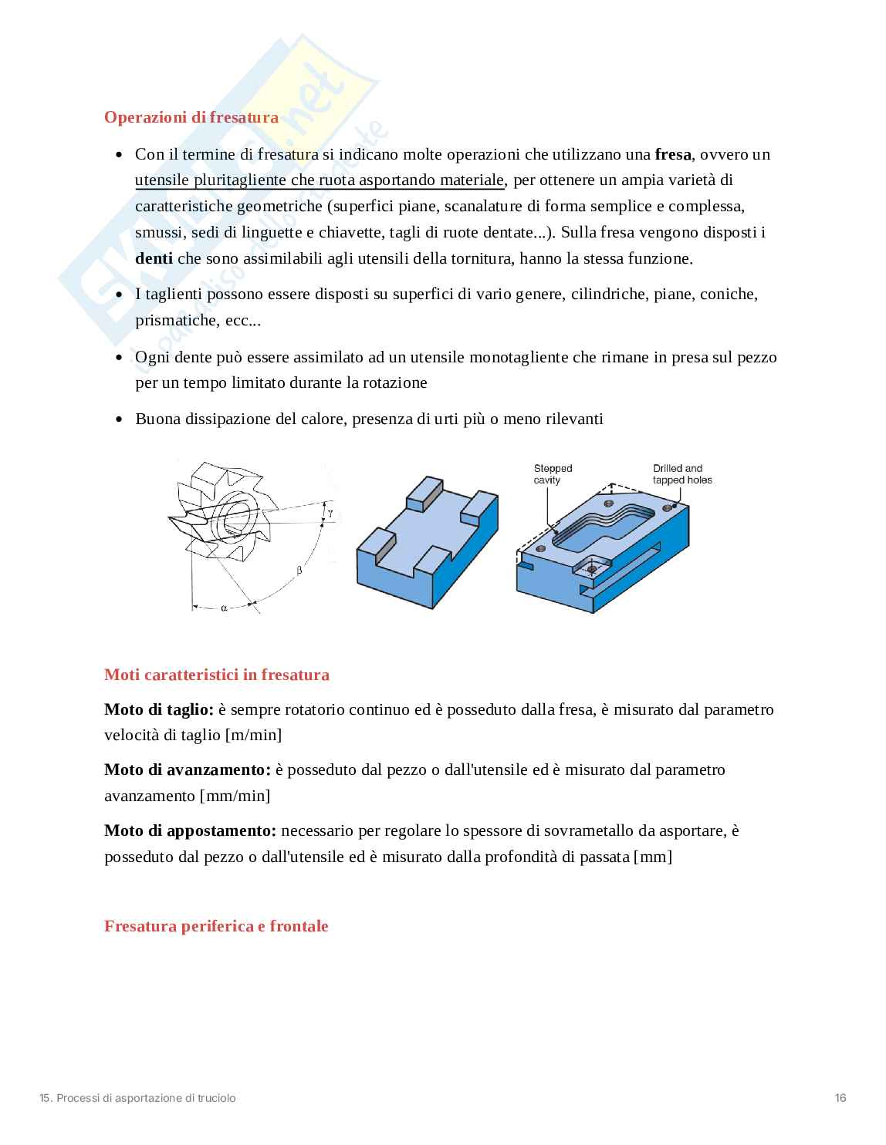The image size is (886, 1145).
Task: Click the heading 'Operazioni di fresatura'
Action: point(191,117)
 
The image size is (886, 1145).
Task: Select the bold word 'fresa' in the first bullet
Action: point(672,154)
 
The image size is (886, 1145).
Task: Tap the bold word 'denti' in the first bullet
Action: point(154,258)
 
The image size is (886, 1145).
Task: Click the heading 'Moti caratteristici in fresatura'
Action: point(216,675)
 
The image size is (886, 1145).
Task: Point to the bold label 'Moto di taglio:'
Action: point(158,709)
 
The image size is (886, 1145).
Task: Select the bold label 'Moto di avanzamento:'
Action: point(188,770)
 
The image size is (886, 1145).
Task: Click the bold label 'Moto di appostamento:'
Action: point(190,830)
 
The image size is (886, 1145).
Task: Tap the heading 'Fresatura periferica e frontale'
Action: point(216,926)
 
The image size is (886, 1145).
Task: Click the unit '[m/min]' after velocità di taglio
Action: point(253,735)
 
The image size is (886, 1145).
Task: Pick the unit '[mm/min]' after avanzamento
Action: point(235,796)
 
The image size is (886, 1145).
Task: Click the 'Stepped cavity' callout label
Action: point(552,474)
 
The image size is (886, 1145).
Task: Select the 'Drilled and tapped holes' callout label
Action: point(681,474)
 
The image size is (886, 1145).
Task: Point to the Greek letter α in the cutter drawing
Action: point(224,608)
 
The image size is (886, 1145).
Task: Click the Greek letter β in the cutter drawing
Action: point(299,571)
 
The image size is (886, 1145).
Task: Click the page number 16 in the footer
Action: point(840,1098)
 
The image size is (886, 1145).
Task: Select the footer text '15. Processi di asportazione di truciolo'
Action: point(137,1098)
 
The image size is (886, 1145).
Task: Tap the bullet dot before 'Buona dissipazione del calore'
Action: point(119,419)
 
